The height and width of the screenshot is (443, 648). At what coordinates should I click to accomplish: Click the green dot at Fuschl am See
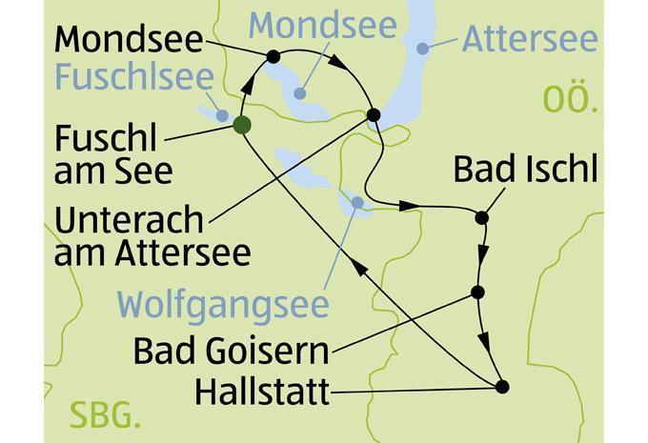point(241,124)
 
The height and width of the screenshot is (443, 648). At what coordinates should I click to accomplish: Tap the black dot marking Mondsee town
point(273,57)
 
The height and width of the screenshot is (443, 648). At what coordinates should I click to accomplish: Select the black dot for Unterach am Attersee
point(374,115)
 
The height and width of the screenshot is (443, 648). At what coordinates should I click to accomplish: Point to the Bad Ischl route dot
point(481,217)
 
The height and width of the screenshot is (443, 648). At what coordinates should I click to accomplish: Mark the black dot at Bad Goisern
point(477,292)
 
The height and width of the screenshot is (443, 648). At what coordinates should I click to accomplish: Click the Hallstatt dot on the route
point(502,386)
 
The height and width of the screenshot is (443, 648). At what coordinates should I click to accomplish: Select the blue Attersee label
point(530,40)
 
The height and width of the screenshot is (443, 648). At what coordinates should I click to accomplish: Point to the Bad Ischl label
point(525,170)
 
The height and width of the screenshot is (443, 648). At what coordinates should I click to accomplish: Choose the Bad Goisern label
point(232,351)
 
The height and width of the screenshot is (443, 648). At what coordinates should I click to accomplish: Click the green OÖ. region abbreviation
point(570,98)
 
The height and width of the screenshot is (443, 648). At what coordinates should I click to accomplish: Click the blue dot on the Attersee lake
point(421,46)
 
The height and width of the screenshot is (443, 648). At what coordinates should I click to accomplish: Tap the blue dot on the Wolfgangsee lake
point(356,202)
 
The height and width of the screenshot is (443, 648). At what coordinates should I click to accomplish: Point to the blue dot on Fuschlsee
point(222,115)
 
